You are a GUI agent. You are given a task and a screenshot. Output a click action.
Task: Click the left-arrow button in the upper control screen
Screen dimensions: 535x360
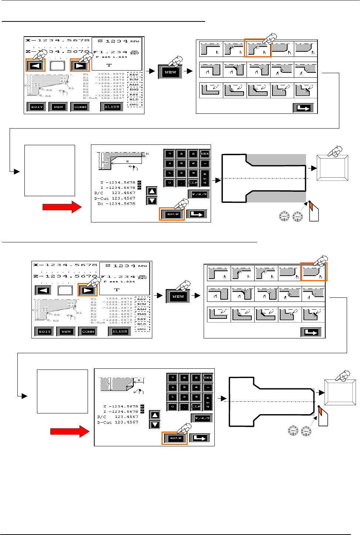35,66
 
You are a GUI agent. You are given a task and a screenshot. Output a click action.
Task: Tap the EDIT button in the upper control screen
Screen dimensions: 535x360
37,107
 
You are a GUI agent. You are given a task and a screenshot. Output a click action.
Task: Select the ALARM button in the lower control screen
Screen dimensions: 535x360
120,332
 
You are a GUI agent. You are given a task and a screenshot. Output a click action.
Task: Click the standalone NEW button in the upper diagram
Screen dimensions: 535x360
170,72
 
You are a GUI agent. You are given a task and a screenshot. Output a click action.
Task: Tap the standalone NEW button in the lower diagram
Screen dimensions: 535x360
178,296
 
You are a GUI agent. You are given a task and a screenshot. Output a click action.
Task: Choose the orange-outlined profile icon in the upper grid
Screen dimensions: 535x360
258,49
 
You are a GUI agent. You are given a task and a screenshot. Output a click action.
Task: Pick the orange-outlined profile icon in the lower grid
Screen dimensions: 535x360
313,273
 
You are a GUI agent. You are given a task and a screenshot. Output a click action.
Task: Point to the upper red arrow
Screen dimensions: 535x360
62,207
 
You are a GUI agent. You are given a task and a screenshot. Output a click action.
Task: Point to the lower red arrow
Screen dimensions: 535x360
69,431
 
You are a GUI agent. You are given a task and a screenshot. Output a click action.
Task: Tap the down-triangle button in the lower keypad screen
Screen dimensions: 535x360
155,425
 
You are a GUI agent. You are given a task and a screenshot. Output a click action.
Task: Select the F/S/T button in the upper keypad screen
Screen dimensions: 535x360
199,194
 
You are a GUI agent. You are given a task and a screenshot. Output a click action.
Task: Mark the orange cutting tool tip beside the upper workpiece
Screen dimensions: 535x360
311,205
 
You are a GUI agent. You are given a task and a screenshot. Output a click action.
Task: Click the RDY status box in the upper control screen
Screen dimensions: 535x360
134,75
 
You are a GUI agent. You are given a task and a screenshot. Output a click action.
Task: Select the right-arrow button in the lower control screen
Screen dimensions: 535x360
87,290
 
